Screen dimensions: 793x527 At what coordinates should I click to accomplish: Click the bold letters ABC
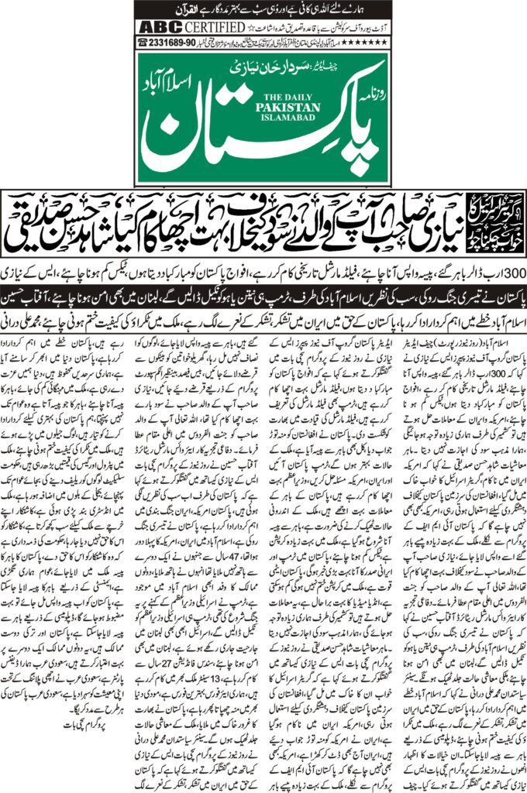[151, 26]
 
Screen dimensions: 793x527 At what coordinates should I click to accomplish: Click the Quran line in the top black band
[264, 9]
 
